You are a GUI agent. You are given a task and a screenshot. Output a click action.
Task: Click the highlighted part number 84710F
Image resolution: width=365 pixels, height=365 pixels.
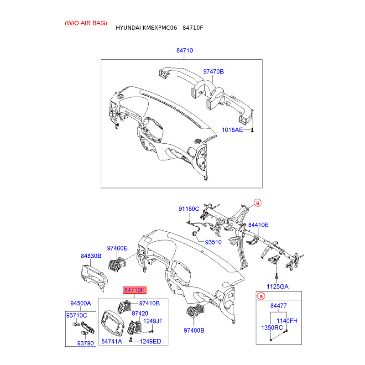point(135,290)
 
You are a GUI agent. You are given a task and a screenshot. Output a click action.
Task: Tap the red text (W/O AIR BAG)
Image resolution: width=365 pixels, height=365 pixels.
point(86,23)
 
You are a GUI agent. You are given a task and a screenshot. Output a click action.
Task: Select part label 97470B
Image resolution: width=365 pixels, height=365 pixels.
point(214,72)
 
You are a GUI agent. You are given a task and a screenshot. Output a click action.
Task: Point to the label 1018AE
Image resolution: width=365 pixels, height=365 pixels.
point(232,130)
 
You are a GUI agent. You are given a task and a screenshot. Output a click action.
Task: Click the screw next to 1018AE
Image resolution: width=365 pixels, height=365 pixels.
point(252,130)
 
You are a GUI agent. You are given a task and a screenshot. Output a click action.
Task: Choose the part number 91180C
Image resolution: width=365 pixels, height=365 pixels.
point(189,209)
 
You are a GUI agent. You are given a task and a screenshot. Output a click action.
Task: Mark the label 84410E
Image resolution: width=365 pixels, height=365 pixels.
point(258,225)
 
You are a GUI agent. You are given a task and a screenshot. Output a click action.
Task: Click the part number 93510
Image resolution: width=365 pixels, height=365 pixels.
point(213,242)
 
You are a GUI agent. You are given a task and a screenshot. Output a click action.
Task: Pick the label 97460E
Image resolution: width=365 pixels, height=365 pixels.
point(117,248)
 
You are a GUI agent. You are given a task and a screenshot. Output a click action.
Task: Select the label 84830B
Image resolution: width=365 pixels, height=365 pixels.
point(91,256)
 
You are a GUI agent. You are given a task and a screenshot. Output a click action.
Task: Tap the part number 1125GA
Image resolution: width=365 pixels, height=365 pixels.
point(277,287)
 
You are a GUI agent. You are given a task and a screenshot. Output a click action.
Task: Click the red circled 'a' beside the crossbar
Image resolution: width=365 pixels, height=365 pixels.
point(257,203)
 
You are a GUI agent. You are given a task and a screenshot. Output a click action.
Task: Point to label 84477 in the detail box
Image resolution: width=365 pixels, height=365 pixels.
point(278,306)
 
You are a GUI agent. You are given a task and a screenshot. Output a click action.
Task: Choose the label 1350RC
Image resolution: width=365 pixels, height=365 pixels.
point(272,328)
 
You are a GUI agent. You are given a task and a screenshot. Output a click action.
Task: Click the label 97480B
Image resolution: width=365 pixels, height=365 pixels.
point(194,330)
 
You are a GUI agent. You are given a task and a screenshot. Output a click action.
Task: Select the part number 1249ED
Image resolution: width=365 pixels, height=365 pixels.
point(151,341)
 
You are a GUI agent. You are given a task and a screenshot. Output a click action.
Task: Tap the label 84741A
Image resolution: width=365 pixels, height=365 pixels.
point(112,341)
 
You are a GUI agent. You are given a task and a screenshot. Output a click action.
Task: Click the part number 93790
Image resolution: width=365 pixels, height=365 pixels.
point(85,343)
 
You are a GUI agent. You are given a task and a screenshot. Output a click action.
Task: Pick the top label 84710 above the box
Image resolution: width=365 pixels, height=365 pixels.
point(185,50)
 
